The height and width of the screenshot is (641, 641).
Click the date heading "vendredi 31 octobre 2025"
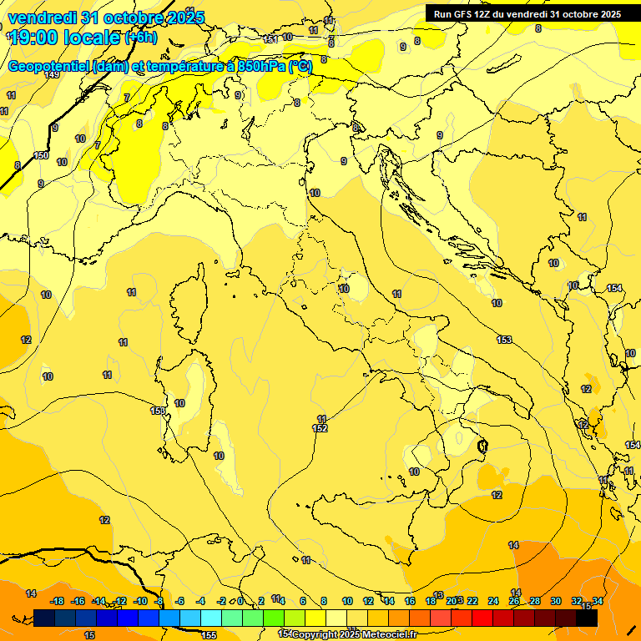pyautogui.click(x=106, y=18)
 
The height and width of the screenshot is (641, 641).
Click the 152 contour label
pyautogui.click(x=320, y=428)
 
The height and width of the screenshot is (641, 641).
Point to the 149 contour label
pyautogui.click(x=52, y=74)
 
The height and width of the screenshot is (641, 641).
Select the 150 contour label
pyautogui.click(x=41, y=155)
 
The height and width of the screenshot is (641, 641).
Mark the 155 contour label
pyautogui.click(x=209, y=635)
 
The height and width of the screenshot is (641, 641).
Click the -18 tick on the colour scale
pyautogui.click(x=58, y=601)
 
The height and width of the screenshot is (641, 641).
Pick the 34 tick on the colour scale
pyautogui.click(x=598, y=601)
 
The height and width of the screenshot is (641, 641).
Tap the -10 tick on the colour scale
pyautogui.click(x=140, y=601)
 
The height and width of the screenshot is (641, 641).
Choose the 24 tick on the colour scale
pyautogui.click(x=493, y=601)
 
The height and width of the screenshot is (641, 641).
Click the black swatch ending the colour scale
pyautogui.click(x=588, y=618)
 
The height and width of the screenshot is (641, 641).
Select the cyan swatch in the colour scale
pyautogui.click(x=211, y=618)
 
